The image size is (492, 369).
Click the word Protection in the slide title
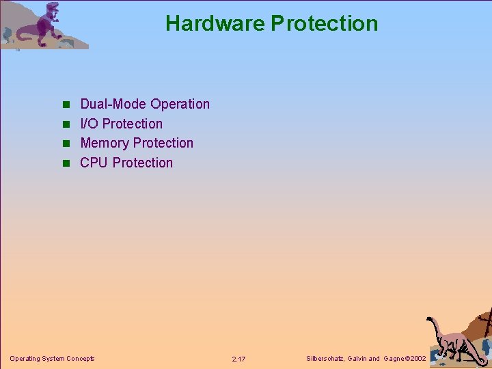tap(325, 23)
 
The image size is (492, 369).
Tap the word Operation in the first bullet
tap(180, 104)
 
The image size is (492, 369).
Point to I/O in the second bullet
tap(89, 124)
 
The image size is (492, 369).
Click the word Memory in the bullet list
tap(105, 143)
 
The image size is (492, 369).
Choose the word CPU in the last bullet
tap(94, 163)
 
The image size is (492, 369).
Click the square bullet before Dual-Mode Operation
tap(66, 105)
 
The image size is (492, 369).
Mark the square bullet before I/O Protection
tap(66, 124)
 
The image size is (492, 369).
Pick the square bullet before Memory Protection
tap(66, 143)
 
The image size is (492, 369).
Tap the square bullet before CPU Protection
tap(66, 163)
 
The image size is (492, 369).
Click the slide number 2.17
tap(238, 359)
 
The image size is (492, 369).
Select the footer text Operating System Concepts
tap(52, 358)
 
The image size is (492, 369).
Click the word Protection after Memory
tap(163, 143)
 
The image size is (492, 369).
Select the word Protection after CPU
tap(143, 163)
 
